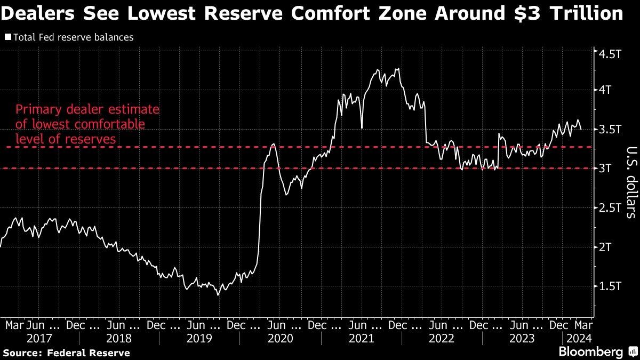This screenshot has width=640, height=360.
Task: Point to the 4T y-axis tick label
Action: click(607, 90)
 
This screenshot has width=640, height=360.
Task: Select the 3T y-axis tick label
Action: click(607, 169)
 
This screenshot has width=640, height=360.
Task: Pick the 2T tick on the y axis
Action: click(607, 247)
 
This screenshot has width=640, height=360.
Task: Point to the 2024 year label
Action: click(577, 338)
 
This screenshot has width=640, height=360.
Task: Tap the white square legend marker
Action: click(8, 38)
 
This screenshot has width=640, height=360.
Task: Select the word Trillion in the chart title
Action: click(589, 13)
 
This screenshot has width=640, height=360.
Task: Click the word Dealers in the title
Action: click(36, 13)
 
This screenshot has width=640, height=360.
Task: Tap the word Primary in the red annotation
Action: click(36, 110)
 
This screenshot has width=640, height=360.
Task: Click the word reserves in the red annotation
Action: click(96, 139)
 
